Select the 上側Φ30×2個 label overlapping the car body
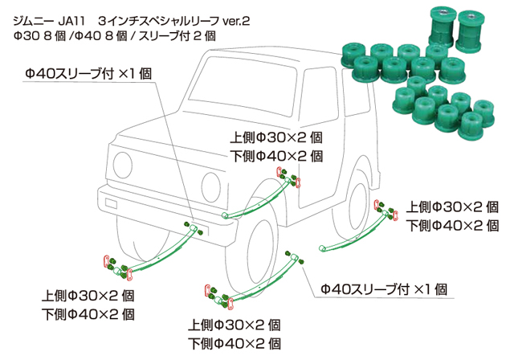[x=275, y=137]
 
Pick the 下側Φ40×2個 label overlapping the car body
[x=275, y=156]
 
